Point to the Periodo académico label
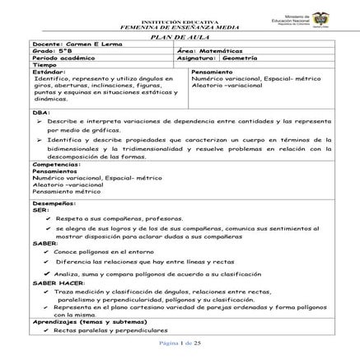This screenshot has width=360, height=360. click(60, 58)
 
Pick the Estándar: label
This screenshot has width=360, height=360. click(49, 72)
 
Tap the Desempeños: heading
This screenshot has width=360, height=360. click(54, 203)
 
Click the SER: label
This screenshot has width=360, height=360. click(40, 209)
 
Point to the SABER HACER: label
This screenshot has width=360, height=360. click(58, 283)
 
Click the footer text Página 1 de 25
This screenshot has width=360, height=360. click(180, 342)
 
